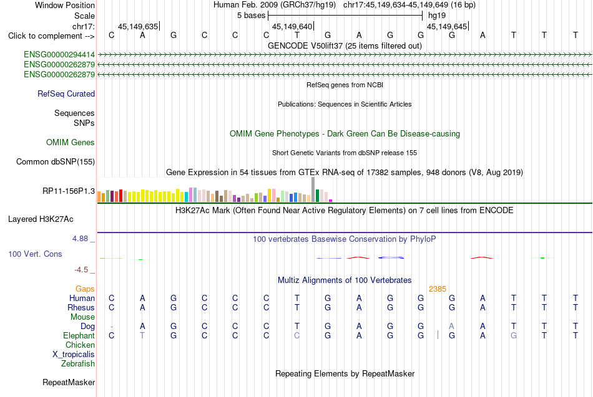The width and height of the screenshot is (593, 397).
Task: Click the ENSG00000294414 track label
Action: point(59,55)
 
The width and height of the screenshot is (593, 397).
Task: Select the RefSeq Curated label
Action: point(66,93)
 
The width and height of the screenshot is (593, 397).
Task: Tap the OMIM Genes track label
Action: point(71,142)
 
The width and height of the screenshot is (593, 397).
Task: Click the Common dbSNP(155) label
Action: point(56,161)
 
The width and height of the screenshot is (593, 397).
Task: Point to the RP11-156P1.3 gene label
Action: point(69,191)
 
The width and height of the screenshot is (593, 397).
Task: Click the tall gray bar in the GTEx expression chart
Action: point(313,189)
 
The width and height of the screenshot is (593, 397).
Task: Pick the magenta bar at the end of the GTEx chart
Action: point(331,201)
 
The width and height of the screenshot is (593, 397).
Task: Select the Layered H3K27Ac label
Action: point(41,219)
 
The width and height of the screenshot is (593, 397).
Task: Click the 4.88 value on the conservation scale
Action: point(80,239)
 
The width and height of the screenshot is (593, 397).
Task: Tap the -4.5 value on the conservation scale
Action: point(81,270)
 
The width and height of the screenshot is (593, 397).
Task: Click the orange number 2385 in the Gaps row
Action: point(438,289)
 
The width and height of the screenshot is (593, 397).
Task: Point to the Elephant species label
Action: point(79,335)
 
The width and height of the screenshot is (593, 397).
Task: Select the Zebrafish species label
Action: point(78,364)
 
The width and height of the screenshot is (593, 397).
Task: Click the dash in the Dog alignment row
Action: point(112,327)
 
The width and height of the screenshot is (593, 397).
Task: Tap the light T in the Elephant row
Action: point(142,335)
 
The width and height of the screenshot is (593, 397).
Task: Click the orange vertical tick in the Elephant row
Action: point(438,335)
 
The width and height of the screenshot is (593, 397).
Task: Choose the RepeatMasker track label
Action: point(69,382)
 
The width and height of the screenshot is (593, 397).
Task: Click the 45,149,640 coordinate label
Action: point(292,26)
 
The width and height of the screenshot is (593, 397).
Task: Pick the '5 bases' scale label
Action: point(252,16)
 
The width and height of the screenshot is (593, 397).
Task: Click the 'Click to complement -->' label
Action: point(51,36)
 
